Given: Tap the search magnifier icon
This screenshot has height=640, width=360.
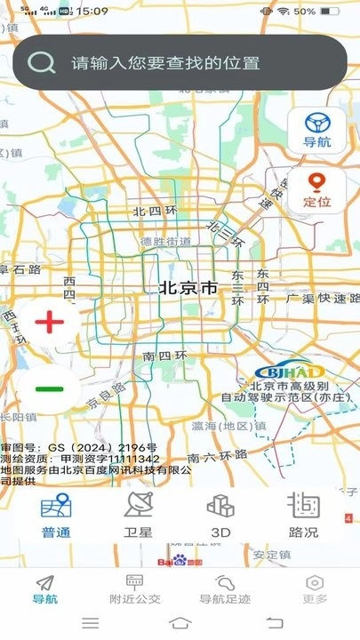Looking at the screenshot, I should [40, 62].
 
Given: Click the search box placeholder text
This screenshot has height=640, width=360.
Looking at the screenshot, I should [165, 63].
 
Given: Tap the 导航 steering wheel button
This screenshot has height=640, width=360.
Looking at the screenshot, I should [317, 130].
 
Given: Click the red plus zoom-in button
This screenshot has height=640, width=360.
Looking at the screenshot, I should [50, 323].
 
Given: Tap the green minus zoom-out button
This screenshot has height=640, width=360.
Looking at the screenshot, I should [50, 388].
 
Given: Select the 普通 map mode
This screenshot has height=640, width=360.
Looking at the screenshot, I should [56, 516].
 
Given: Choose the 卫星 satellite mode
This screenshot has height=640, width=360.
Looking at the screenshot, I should [138, 516].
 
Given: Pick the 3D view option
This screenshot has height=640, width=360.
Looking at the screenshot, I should [220, 516].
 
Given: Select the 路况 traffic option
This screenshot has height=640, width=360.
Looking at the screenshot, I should [303, 516].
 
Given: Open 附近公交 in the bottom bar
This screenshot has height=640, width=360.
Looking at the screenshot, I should [135, 589].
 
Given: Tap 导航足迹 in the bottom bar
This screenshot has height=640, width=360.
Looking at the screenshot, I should [224, 589].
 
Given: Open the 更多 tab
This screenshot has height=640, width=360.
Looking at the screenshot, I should [314, 589].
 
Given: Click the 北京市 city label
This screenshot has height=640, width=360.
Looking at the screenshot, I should [188, 288].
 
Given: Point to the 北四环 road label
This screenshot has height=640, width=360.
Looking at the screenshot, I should [155, 212].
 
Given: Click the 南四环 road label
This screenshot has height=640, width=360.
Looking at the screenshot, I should [164, 356].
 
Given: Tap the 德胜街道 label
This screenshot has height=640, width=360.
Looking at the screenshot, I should [165, 241].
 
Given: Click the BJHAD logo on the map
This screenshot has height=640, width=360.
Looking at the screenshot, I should [279, 372].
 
